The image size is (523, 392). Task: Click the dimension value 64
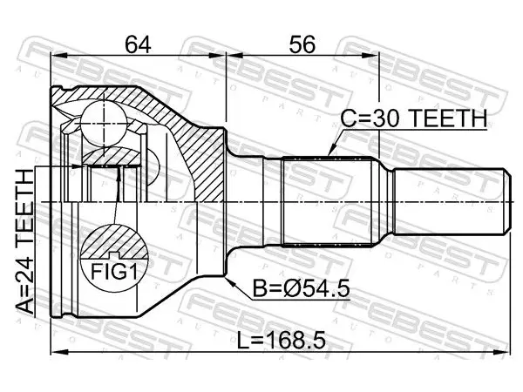(x=138, y=44)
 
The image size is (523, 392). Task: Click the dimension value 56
(x=302, y=44)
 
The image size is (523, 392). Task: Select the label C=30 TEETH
(x=413, y=118)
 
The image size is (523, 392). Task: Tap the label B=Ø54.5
(x=302, y=288)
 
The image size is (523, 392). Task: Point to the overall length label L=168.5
(x=282, y=341)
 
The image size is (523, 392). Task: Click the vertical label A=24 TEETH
(x=25, y=241)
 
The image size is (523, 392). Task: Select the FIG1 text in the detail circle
(x=114, y=272)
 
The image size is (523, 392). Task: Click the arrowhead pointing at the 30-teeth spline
(x=331, y=151)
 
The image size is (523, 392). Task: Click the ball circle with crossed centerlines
(x=104, y=124)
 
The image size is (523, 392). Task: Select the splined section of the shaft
(x=327, y=202)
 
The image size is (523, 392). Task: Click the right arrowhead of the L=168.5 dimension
(x=502, y=351)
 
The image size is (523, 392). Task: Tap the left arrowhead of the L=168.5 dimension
(x=59, y=351)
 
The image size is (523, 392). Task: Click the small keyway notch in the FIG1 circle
(x=114, y=255)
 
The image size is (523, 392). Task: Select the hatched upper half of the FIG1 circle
(x=114, y=241)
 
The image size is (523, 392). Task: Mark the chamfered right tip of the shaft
(x=507, y=202)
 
